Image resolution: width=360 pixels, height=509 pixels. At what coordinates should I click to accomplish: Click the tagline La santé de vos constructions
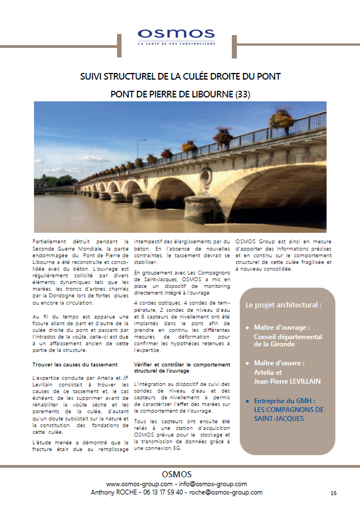176,43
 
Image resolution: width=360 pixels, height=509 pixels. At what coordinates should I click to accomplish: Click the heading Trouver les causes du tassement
75,365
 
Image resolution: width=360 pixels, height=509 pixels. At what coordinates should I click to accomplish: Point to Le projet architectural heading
283,305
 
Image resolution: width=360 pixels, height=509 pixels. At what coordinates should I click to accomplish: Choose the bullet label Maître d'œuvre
279,363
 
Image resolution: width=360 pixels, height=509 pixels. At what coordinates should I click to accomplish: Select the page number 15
333,493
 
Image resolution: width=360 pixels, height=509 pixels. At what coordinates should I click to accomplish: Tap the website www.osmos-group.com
139,484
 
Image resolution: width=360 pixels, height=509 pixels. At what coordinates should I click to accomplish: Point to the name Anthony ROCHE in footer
111,492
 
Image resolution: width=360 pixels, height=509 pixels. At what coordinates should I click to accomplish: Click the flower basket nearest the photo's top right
281,119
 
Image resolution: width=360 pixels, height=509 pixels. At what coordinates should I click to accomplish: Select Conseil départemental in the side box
288,337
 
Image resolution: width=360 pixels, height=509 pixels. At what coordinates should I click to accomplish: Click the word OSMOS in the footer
177,474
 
